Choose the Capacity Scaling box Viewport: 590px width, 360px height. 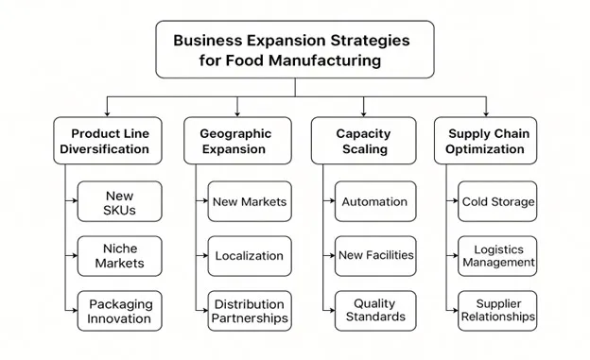(x=363, y=142)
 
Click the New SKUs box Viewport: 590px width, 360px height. (x=120, y=202)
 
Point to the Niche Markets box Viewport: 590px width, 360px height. (x=120, y=256)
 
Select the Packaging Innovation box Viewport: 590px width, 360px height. (x=120, y=311)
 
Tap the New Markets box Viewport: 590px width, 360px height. (x=250, y=201)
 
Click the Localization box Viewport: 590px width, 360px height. (x=250, y=256)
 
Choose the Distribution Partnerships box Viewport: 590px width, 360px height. (x=250, y=311)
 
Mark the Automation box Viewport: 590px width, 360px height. (x=374, y=201)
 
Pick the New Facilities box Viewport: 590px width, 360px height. (x=374, y=256)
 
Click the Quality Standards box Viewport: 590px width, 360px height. (x=374, y=311)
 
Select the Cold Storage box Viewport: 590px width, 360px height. (x=498, y=201)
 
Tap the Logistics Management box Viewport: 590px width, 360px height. (x=498, y=256)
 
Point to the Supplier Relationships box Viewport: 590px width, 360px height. (x=498, y=311)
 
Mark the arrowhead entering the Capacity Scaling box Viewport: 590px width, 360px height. (x=363, y=112)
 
